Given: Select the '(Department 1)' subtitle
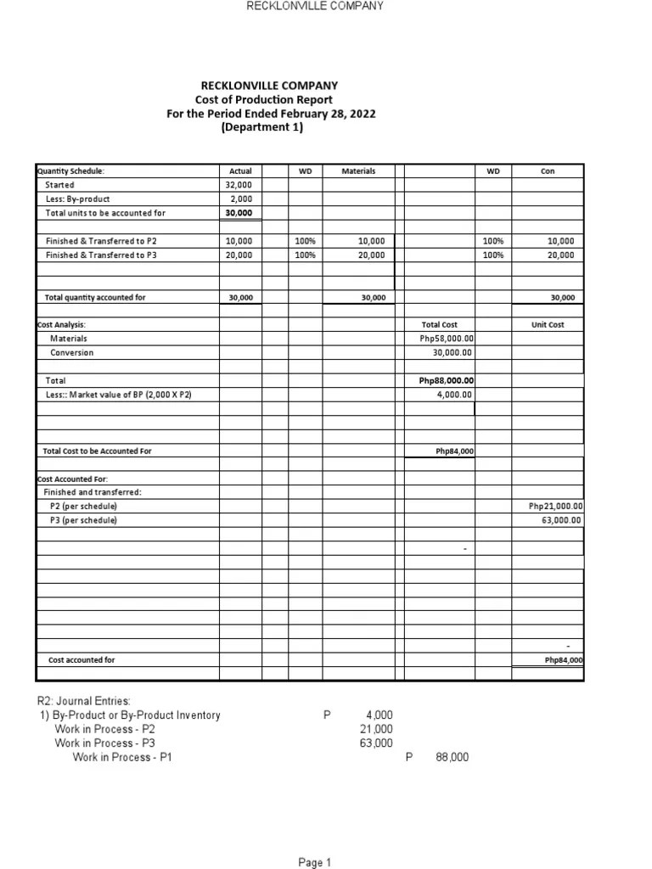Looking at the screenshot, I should pyautogui.click(x=261, y=127).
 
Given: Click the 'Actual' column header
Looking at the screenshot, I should pyautogui.click(x=240, y=171).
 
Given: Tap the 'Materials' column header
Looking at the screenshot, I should pyautogui.click(x=358, y=171).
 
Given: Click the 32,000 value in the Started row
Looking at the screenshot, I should pyautogui.click(x=240, y=185).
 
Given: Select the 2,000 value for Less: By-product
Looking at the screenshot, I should pyautogui.click(x=240, y=199).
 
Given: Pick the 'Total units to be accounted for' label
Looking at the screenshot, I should pyautogui.click(x=105, y=213).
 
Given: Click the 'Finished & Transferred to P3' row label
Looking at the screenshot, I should pyautogui.click(x=101, y=255).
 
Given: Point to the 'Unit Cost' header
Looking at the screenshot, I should pyautogui.click(x=547, y=324).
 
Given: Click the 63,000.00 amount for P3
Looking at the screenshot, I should pyautogui.click(x=561, y=520).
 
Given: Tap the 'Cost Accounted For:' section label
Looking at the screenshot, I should pyautogui.click(x=72, y=479).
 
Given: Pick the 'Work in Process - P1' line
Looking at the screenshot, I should pyautogui.click(x=122, y=758).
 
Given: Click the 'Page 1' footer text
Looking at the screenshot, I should pyautogui.click(x=314, y=863).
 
